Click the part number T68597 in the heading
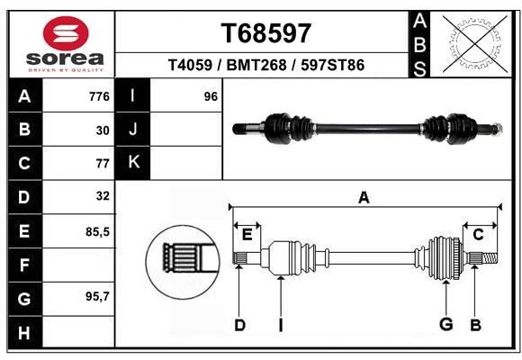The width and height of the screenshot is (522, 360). point(266,32)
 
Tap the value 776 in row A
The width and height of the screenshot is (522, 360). point(99,96)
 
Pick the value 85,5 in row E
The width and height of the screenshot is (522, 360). point(97,231)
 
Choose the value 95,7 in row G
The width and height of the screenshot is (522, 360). point(97,297)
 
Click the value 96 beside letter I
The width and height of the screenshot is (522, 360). point(211,96)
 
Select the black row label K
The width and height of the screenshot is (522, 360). point(134,162)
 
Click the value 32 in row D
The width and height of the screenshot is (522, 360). point(102,195)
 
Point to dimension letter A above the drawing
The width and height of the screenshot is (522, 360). point(364,197)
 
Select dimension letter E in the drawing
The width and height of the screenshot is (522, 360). point(247,234)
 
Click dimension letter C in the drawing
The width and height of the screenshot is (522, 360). point(478,234)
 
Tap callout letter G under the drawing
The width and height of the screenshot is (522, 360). point(445,325)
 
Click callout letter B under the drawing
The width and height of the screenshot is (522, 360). point(476,325)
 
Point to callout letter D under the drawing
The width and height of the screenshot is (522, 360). point(239,325)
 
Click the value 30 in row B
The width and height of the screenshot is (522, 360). point(102,130)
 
